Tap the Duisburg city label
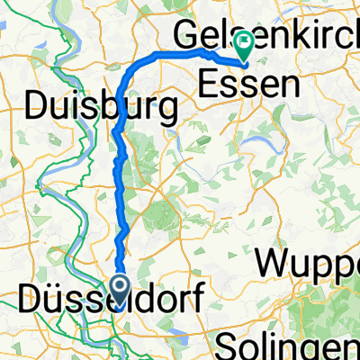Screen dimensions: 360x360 point(100,108)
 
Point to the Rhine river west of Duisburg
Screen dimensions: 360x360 point(17,135)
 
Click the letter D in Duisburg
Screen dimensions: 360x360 point(38,108)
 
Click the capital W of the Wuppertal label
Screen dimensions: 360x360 point(273,263)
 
